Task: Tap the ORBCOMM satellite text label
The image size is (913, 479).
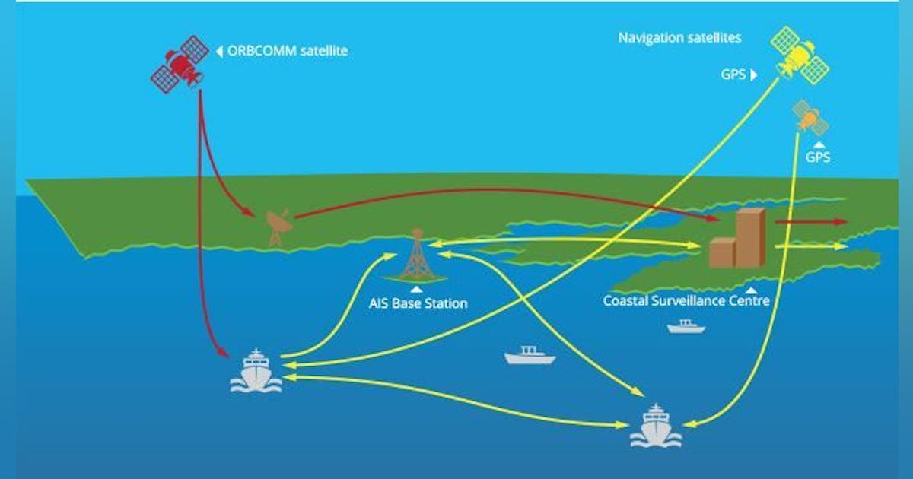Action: (288, 52)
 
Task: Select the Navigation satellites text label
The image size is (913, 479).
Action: (679, 36)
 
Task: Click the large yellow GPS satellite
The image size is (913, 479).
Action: (800, 54)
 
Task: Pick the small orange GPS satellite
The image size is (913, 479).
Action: (810, 118)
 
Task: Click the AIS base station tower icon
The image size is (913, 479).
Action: (415, 255)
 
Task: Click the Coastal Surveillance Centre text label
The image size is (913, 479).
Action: (686, 301)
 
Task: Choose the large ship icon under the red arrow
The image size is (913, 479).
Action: (256, 370)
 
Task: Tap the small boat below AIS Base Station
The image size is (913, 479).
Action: (530, 355)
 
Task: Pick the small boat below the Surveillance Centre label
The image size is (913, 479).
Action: (686, 326)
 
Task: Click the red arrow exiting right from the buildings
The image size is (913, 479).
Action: (811, 221)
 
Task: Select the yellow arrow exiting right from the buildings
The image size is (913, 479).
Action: (811, 246)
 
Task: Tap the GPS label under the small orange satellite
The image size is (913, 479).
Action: (818, 158)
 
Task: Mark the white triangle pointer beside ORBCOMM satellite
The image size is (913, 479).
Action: (219, 52)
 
